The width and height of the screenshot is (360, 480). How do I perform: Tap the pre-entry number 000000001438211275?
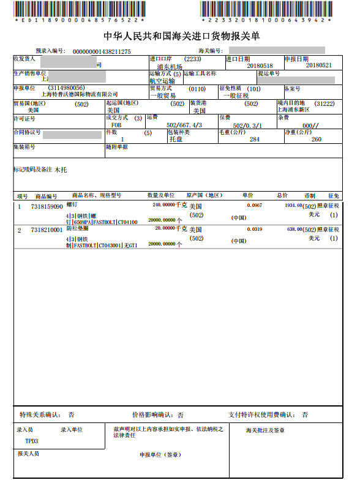pos(102,51)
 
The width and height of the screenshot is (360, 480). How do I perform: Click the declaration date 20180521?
pos(318,65)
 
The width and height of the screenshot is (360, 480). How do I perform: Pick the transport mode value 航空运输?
pos(162,81)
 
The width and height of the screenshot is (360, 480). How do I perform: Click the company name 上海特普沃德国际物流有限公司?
pos(80,95)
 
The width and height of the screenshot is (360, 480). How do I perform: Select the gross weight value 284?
pos(255,139)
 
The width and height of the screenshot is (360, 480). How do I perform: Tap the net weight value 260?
pos(316,139)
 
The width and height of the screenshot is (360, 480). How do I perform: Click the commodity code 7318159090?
pos(47,206)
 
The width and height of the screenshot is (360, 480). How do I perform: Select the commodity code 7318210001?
pos(47,230)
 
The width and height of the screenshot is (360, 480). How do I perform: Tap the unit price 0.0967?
pos(254,206)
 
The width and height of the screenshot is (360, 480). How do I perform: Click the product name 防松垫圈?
pos(77,227)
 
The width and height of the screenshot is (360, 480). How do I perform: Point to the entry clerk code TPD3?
pos(31,440)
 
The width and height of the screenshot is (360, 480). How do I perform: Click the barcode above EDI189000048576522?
pos(80,9)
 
